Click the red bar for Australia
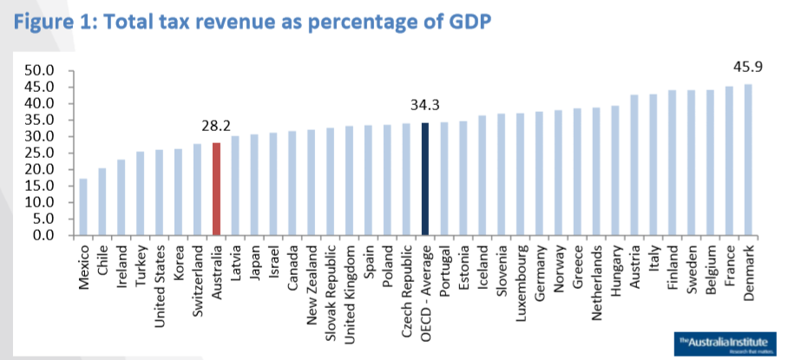coord(216,189)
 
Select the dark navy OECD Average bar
coord(424,179)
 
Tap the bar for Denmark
coord(747,160)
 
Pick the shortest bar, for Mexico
coord(83,207)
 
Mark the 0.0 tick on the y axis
coord(44,235)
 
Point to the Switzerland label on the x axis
coord(198,273)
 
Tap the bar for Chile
coord(102,202)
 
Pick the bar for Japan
coord(254,185)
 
